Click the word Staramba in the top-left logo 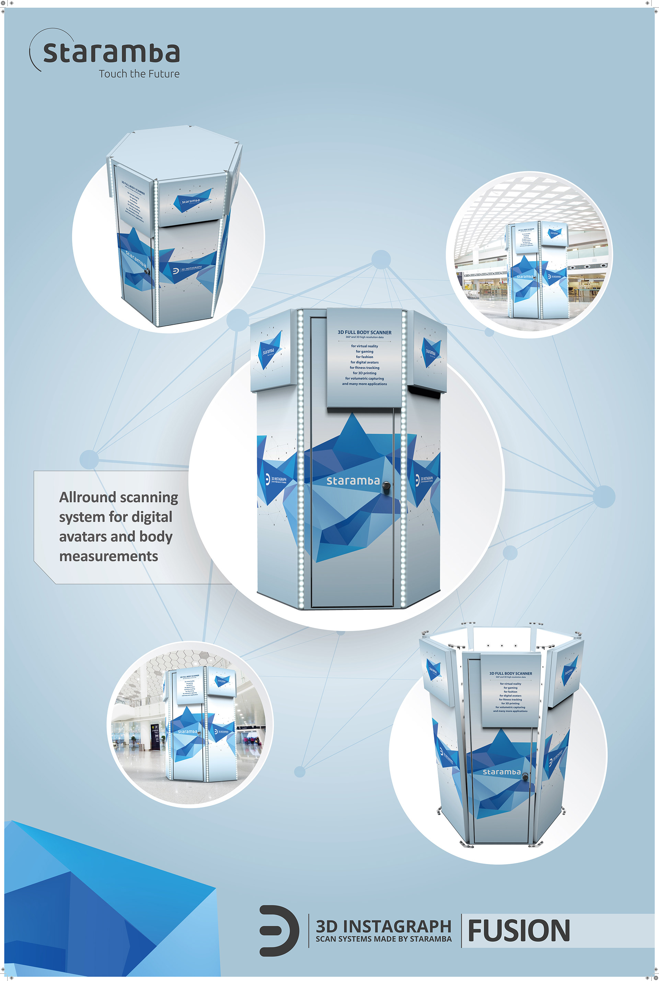111,52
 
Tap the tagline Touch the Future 139,74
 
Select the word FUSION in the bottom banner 519,931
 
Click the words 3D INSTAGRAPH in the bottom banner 383,926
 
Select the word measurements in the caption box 108,556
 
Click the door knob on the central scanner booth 386,486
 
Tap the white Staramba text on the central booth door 353,481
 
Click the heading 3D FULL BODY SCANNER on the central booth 365,332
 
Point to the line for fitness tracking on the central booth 365,367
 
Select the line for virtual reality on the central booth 365,346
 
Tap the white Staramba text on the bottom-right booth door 501,772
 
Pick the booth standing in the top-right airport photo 537,269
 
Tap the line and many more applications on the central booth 365,384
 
